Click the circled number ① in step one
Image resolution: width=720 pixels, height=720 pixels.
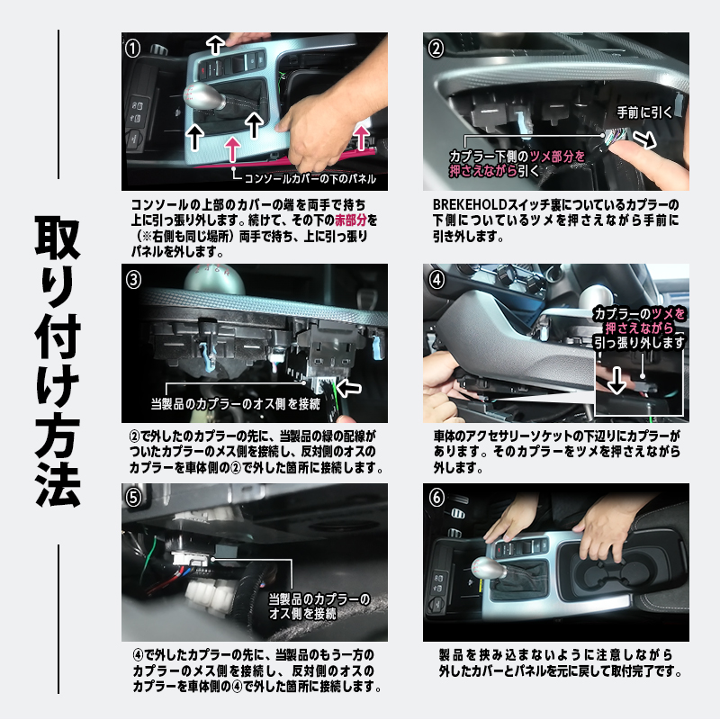[x=132, y=49]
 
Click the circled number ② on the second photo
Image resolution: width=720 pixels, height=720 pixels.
[x=436, y=49]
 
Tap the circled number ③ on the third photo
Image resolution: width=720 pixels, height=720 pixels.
[x=133, y=280]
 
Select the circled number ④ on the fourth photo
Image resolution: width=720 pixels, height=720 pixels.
[x=436, y=280]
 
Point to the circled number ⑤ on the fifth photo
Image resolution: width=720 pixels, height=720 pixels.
[x=133, y=498]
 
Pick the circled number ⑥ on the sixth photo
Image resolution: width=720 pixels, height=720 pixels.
[x=436, y=498]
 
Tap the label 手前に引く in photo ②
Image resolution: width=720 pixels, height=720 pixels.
[x=644, y=112]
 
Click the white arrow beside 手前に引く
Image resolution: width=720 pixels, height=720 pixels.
[x=644, y=139]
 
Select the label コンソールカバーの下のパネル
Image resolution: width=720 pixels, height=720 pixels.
[x=310, y=178]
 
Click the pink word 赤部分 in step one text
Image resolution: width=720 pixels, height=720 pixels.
[x=351, y=220]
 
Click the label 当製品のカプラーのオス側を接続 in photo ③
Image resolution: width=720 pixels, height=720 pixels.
[x=236, y=404]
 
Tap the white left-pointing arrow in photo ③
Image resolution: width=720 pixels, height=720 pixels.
[x=349, y=388]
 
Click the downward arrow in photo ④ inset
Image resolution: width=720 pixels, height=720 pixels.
[x=616, y=380]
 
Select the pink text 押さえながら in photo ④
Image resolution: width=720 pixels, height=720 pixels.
[x=640, y=328]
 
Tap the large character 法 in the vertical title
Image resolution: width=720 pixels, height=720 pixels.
[x=58, y=484]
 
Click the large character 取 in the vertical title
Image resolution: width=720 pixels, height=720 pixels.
[x=58, y=238]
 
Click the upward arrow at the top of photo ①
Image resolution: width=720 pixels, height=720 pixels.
[x=215, y=46]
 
